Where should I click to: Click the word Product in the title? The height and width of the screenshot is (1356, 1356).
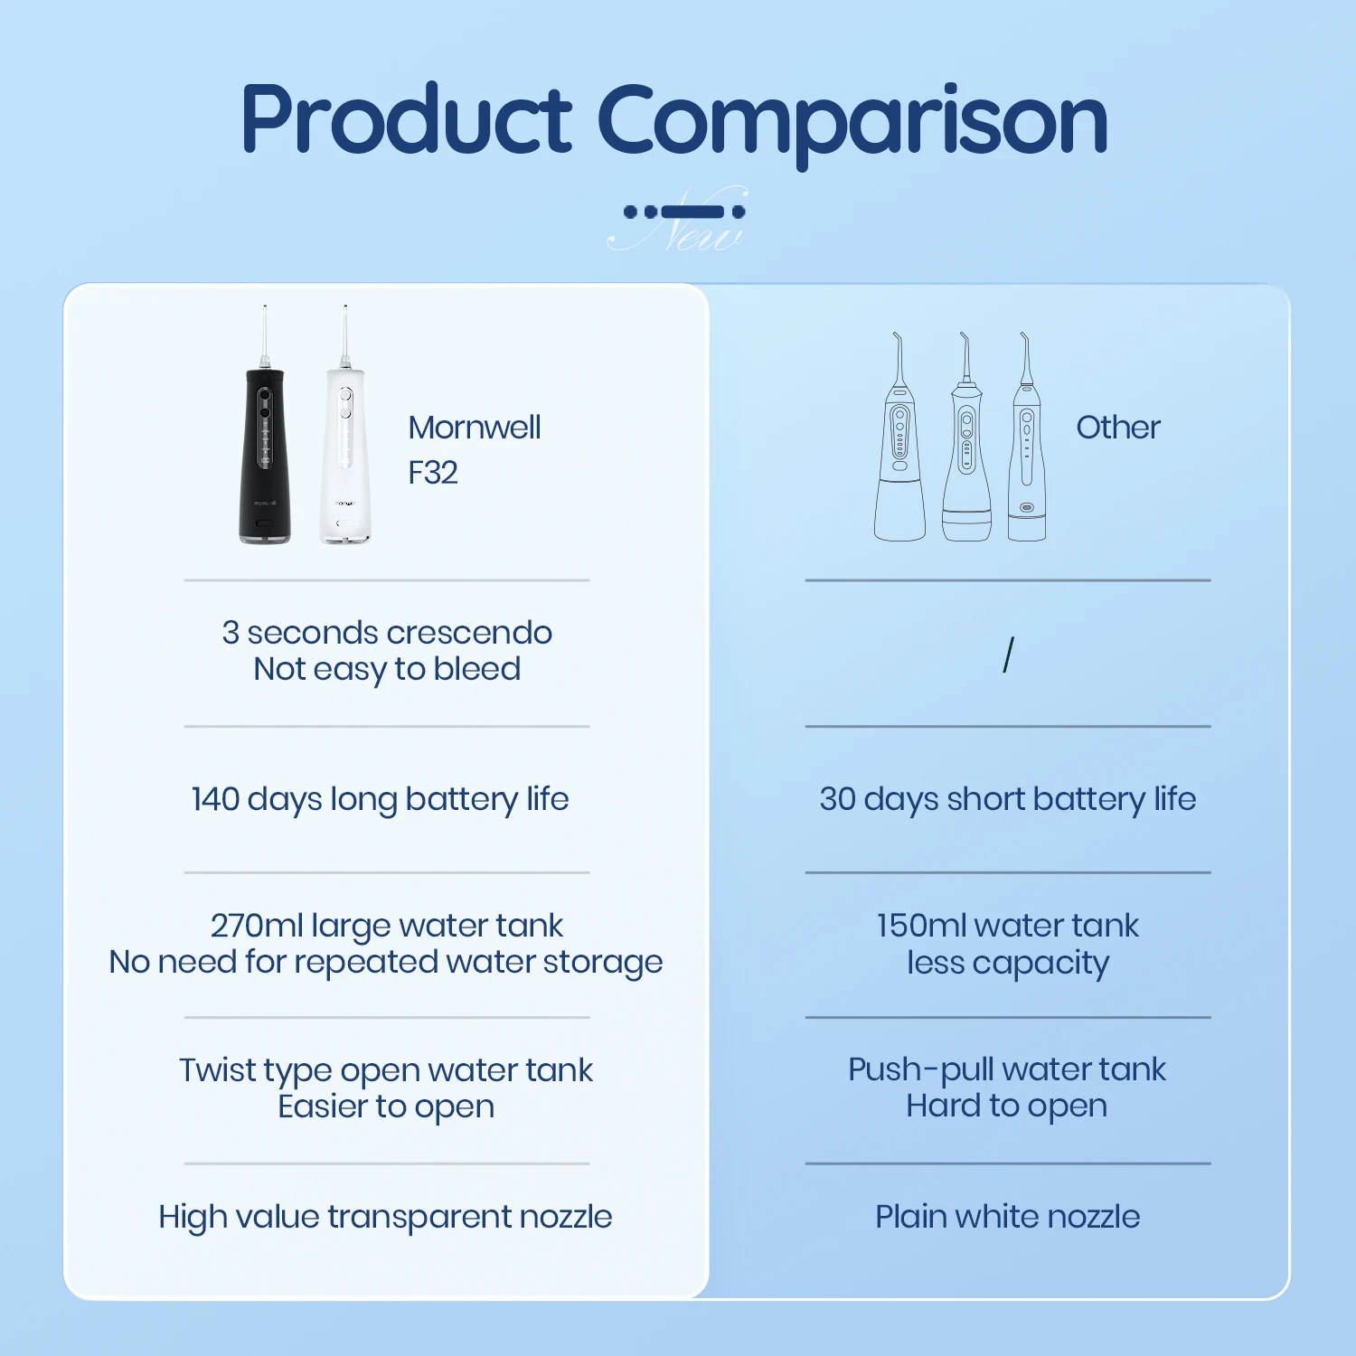pos(406,119)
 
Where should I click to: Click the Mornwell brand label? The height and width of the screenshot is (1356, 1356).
pos(474,428)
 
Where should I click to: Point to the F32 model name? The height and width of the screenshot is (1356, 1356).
pos(432,473)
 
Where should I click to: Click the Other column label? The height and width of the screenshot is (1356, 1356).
pos(1117,428)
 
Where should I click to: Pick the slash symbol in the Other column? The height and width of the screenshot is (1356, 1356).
pos(1008,654)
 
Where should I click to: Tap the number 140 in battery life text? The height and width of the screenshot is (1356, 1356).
pos(214,799)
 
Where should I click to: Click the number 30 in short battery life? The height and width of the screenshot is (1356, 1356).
pos(837,799)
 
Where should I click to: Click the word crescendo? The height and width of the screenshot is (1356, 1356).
pos(468,633)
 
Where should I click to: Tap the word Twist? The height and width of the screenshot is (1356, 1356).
pos(217,1070)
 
